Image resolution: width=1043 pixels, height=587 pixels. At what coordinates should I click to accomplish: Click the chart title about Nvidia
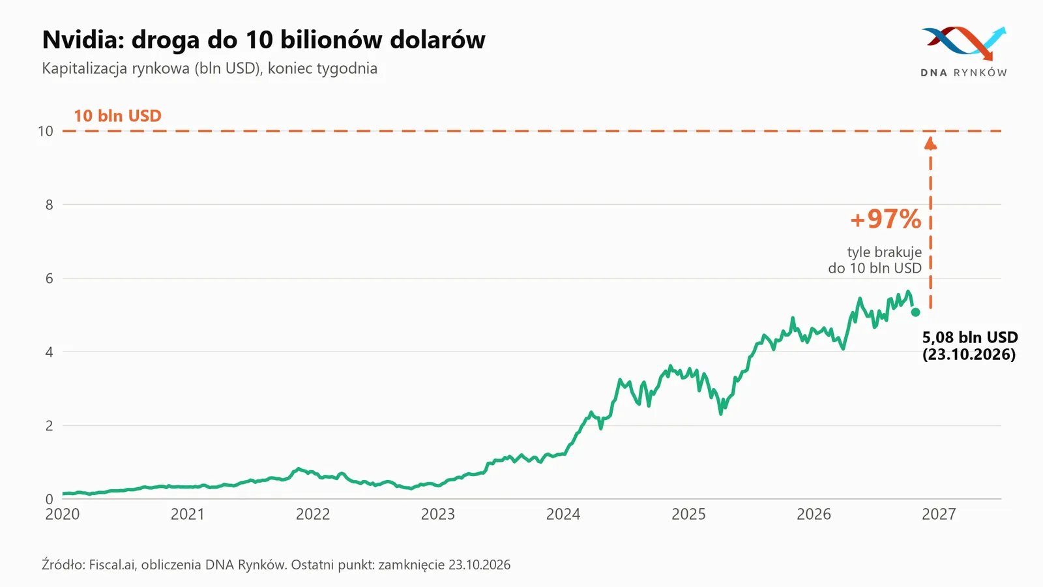[x=263, y=39]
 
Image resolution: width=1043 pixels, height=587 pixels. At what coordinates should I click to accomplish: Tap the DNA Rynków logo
[x=964, y=52]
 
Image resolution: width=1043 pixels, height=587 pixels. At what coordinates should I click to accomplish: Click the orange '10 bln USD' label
[x=117, y=115]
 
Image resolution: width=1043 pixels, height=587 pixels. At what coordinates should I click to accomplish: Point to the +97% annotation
[x=886, y=218]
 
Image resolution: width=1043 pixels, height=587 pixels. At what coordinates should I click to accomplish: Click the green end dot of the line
[x=915, y=312]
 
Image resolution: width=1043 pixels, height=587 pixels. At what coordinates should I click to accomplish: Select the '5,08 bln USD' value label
[x=970, y=337]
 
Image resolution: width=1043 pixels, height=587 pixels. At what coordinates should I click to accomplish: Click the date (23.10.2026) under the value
[x=969, y=354]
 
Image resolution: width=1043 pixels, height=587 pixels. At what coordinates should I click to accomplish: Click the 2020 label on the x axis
[x=63, y=514]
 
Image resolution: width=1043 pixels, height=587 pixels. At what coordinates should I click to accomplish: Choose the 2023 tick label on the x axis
[x=437, y=514]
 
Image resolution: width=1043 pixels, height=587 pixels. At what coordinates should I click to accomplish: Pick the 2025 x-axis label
[x=688, y=514]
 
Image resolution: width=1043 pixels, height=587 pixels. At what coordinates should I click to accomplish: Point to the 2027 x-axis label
[x=939, y=514]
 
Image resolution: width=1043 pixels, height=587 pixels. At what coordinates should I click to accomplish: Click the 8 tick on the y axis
[x=50, y=205]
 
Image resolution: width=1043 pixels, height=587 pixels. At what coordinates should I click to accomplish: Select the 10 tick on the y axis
[x=46, y=131]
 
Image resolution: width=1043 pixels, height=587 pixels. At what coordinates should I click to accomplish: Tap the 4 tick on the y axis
[x=50, y=352]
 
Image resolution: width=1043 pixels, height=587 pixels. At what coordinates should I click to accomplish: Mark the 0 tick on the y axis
[x=50, y=499]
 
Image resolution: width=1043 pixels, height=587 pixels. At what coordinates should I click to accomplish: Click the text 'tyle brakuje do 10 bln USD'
[x=875, y=260]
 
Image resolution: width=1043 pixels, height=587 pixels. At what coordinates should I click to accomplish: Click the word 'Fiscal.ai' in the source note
[x=111, y=565]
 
